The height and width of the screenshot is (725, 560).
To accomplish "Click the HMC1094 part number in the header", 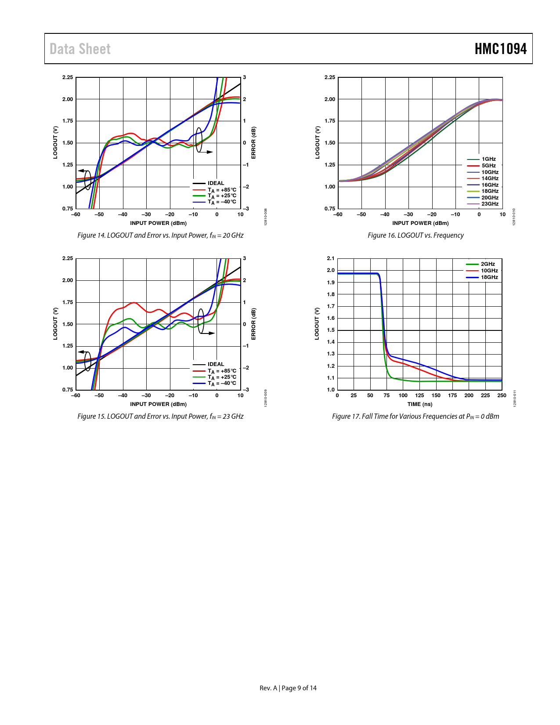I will pos(500,49).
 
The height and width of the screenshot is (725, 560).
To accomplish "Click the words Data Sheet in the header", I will pos(80,49).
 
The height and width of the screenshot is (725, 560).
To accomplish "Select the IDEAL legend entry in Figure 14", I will pos(215,183).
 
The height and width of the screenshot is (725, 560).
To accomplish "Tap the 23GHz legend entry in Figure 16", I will pos(489,204).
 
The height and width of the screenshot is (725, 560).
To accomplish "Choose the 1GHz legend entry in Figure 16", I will pos(488,159).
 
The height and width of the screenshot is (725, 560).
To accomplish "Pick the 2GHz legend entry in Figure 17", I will pos(487,264).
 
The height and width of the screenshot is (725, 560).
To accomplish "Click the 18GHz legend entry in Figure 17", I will pos(489,277).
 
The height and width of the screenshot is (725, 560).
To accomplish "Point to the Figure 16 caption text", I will pos(415,236).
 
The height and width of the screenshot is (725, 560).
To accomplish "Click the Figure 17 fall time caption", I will pos(415,417).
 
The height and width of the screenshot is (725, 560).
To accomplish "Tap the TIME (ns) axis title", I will pos(419,404).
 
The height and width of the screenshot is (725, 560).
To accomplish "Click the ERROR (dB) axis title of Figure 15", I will pos(253,324).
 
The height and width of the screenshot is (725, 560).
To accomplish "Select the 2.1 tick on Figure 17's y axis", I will pos(331,258).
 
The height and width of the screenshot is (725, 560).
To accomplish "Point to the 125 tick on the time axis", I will pos(419,395).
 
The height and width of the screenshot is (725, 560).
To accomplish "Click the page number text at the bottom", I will pos(288,688).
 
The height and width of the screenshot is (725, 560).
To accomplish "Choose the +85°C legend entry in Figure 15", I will pos(221,371).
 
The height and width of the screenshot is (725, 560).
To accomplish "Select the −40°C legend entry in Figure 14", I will pos(221,202).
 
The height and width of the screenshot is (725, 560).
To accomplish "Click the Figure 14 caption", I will pos(160,236).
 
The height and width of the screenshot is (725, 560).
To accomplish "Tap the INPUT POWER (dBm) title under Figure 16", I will pos(420,223).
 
